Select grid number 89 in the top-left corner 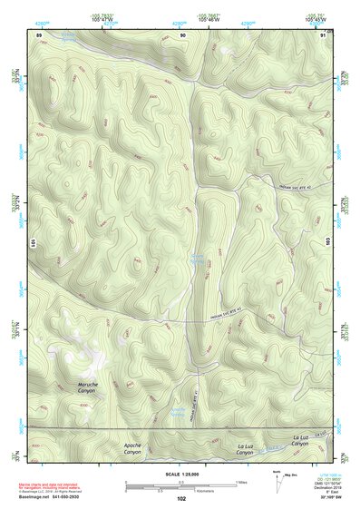[x=39, y=34]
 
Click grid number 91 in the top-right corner [x=324, y=34]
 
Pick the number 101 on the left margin [x=34, y=242]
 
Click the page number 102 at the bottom [x=181, y=499]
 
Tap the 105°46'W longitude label [x=210, y=19]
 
